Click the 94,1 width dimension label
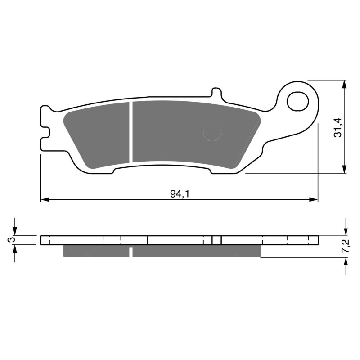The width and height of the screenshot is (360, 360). point(179,193)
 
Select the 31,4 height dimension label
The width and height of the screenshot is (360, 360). point(338,127)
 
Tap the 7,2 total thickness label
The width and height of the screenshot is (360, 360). point(346,247)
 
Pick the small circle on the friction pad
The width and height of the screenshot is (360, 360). point(212,133)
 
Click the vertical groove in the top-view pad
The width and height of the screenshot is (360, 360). point(131,131)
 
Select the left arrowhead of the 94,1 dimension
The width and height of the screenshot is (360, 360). point(44,199)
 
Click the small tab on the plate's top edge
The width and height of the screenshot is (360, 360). point(216,92)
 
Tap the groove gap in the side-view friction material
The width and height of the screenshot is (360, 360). point(131,251)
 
